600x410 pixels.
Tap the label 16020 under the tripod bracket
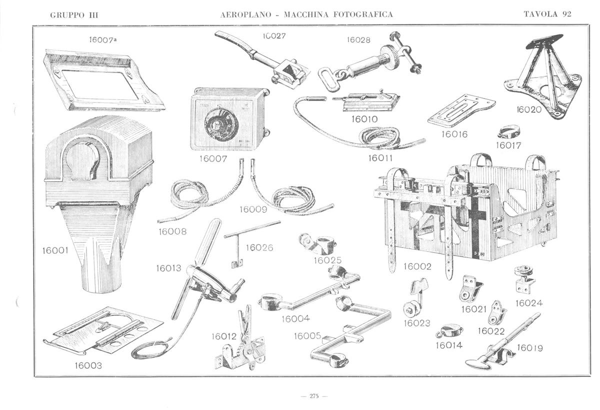tap(529, 109)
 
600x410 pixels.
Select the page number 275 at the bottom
tap(314, 396)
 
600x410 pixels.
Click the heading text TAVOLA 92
tap(547, 14)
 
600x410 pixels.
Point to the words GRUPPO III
tap(74, 14)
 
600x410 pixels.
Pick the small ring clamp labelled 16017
tap(509, 132)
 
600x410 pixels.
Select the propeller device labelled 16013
tap(205, 272)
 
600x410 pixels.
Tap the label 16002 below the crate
tap(417, 266)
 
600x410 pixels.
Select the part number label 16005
tap(307, 336)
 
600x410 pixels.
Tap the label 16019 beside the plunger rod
tap(530, 347)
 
